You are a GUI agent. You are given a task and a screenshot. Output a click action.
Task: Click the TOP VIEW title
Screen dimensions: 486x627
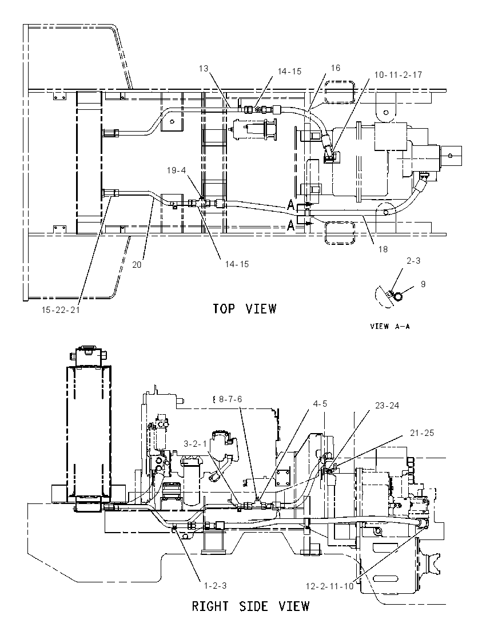245,309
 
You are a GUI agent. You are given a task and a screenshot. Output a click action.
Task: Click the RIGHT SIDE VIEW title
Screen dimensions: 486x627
251,606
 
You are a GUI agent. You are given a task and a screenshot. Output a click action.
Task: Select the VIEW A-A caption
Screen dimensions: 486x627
390,326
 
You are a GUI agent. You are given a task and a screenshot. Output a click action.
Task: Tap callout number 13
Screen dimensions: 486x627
204,69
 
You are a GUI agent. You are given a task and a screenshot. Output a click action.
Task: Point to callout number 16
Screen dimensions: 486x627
335,68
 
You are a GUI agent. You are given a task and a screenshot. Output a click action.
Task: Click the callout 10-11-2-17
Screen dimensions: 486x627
398,75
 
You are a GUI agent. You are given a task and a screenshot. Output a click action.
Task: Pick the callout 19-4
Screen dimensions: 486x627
176,170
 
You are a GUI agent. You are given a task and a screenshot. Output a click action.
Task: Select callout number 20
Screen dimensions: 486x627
137,265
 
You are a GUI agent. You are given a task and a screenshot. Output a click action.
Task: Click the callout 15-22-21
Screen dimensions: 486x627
61,310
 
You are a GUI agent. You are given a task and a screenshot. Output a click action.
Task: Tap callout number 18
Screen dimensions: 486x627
383,249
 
